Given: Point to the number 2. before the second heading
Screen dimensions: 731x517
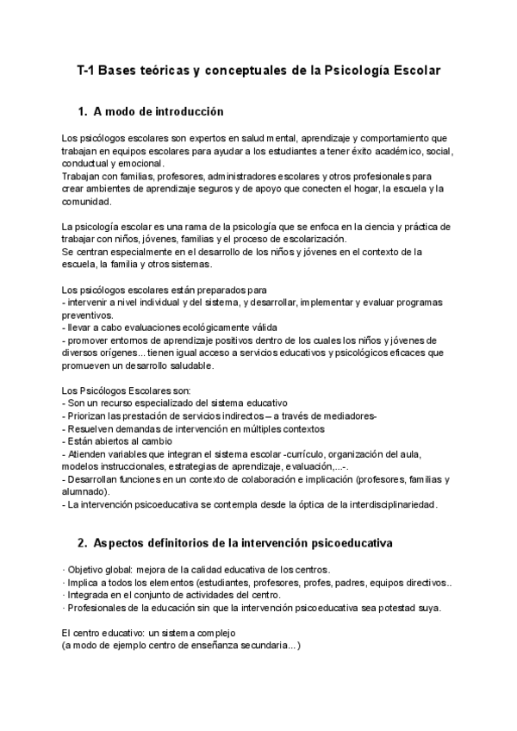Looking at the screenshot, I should pos(83,544).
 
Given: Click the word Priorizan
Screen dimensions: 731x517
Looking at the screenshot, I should pos(88,416).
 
